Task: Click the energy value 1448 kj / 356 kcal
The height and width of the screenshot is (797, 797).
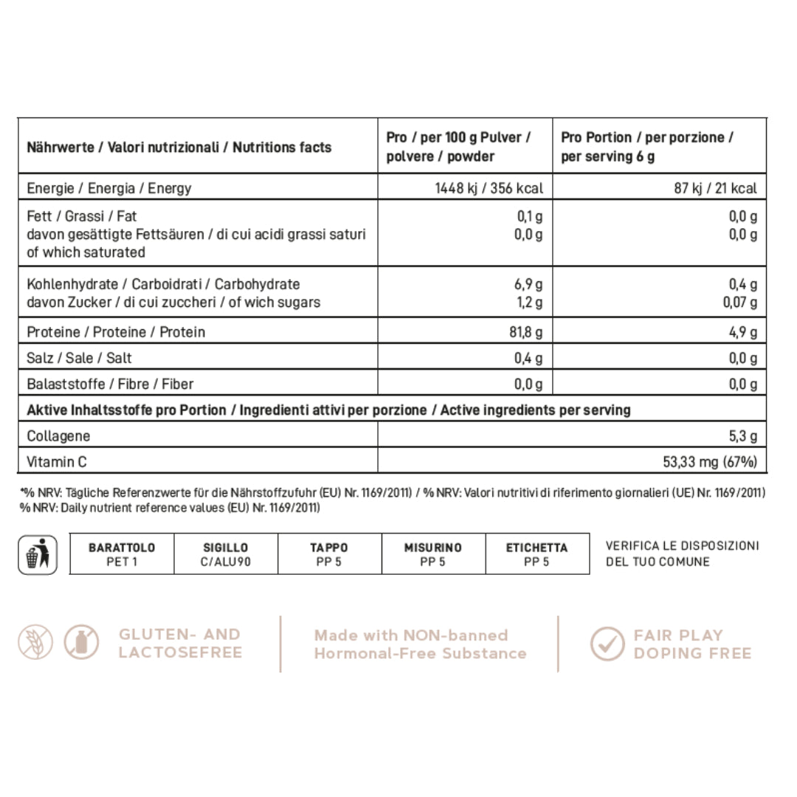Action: coord(489,188)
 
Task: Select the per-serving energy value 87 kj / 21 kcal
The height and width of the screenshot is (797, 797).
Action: coord(715,188)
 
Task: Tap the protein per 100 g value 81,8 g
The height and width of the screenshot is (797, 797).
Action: coord(525,332)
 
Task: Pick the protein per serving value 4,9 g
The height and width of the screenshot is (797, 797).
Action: coord(743,332)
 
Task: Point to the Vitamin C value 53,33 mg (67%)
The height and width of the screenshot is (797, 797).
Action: coord(711,462)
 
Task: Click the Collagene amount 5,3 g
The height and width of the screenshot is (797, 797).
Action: coord(743,436)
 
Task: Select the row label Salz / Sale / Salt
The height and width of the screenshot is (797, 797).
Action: coord(80,358)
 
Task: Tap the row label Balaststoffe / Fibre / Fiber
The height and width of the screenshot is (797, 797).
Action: coord(110,384)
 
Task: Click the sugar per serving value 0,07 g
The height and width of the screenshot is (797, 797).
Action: coord(739,303)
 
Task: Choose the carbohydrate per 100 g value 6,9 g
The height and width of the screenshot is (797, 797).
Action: coord(528,284)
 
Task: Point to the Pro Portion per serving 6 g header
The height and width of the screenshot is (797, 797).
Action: coord(646,147)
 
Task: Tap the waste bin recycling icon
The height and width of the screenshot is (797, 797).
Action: coord(38,555)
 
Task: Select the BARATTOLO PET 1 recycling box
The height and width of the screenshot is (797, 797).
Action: coord(122,554)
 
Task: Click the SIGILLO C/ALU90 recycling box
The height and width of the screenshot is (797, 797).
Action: coord(226,554)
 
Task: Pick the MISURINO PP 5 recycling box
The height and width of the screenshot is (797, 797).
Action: coord(433,554)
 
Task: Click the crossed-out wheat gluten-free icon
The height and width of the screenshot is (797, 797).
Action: coord(35,643)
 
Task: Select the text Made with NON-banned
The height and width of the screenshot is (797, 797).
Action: coord(411,635)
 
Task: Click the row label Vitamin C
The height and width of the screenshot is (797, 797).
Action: coord(57,462)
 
